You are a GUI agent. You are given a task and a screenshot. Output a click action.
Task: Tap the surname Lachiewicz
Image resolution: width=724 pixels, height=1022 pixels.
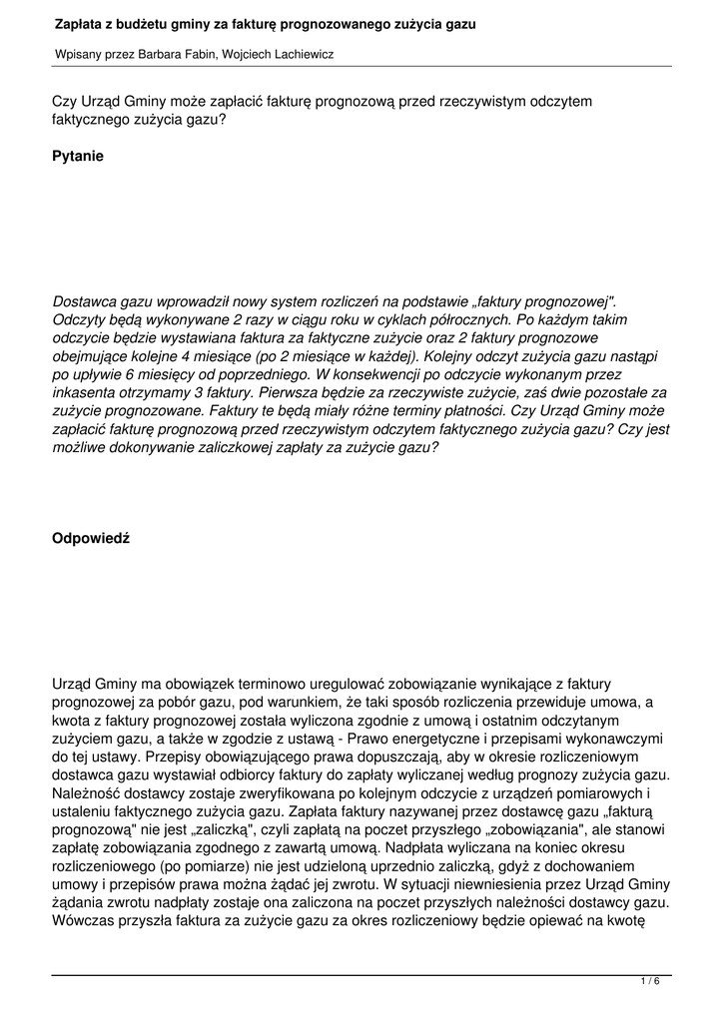click(299, 55)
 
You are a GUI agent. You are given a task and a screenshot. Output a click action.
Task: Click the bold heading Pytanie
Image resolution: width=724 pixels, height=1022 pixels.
click(78, 157)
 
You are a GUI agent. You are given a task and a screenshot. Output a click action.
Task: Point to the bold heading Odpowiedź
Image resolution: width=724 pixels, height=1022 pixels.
click(91, 539)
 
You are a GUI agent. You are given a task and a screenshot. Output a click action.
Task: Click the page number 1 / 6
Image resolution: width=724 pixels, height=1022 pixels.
click(650, 982)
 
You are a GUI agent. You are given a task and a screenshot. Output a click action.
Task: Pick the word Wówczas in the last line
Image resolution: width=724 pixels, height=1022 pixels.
click(85, 921)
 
